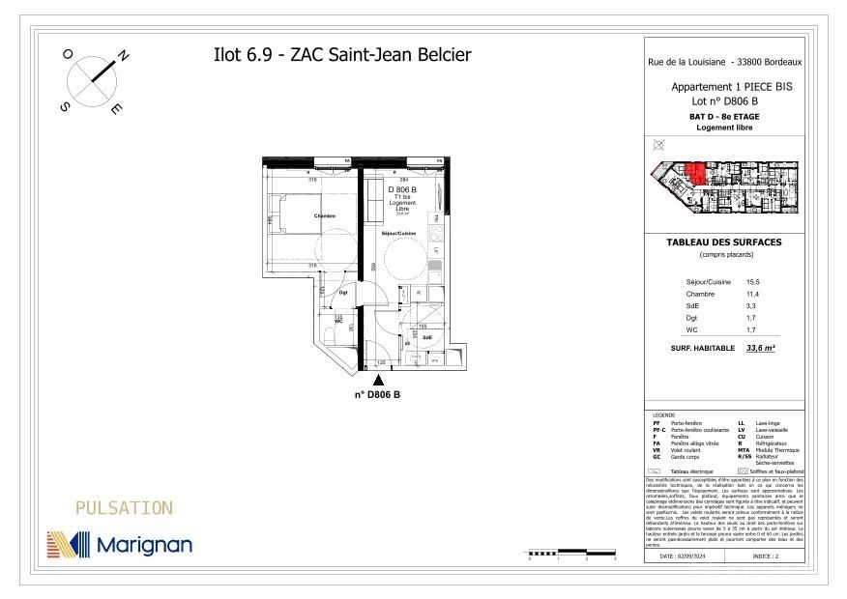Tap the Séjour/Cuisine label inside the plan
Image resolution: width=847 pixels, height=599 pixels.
(x=398, y=235)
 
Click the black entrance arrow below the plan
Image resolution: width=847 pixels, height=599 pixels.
(x=377, y=382)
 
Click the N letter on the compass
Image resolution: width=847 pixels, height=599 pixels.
(x=123, y=56)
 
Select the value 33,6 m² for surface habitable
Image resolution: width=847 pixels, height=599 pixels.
(x=761, y=348)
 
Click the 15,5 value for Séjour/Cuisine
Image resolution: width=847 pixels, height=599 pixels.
(x=753, y=281)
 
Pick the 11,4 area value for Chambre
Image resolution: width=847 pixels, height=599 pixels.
(x=753, y=293)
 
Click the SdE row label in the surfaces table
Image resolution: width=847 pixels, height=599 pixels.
(x=693, y=305)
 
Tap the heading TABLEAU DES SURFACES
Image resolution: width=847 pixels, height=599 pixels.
(x=724, y=242)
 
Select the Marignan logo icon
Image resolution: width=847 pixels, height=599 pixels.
(x=69, y=545)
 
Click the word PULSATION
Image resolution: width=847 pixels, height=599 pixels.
(x=124, y=508)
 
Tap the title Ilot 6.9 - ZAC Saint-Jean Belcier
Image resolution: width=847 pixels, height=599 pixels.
(x=341, y=55)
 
